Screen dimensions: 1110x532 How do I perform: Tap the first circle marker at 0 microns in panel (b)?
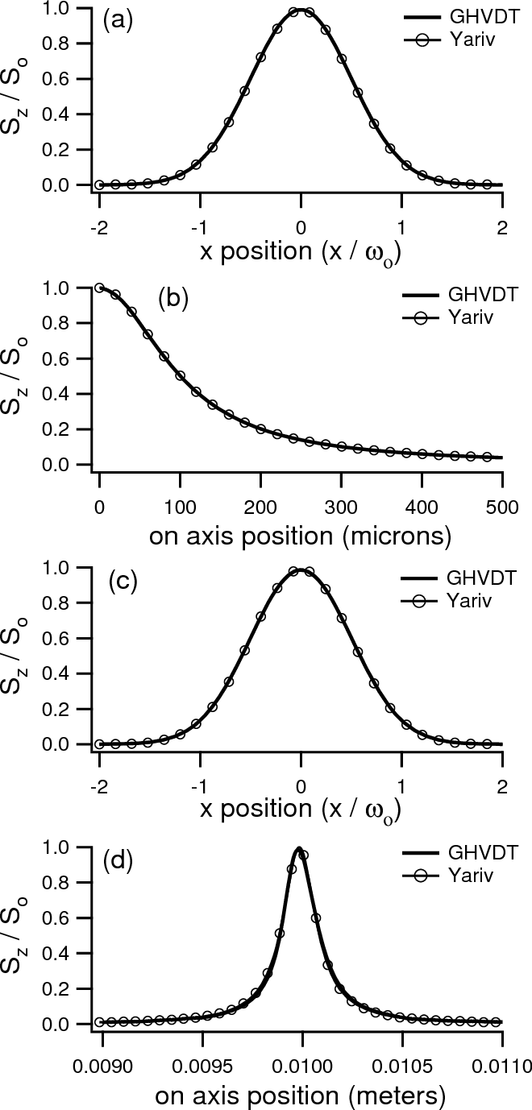click(99, 288)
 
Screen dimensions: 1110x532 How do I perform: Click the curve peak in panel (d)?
click(299, 848)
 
